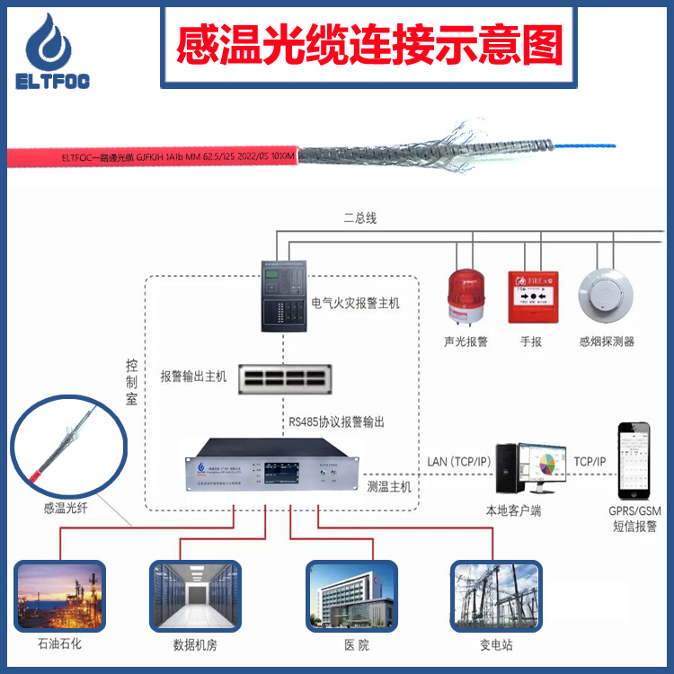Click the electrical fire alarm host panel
click(284, 297)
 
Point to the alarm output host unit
click(285, 378)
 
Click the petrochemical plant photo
click(59, 595)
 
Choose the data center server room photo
click(195, 595)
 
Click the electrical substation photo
click(495, 595)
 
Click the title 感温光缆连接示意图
click(369, 41)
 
